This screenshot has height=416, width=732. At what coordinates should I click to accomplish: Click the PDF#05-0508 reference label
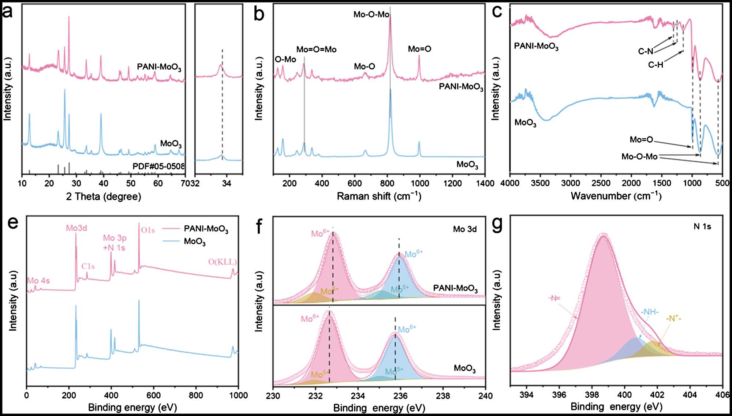[x=158, y=166]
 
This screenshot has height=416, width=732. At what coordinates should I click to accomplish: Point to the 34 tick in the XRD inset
[x=227, y=183]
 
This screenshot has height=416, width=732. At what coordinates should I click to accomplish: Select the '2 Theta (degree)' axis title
[x=104, y=197]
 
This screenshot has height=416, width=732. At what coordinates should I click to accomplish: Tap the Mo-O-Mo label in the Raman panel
[x=371, y=15]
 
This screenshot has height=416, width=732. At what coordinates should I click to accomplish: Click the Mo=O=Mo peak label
[x=316, y=49]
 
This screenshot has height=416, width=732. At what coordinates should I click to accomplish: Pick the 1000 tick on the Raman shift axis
[x=420, y=183]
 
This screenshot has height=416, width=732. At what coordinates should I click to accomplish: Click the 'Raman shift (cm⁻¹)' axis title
[x=379, y=196]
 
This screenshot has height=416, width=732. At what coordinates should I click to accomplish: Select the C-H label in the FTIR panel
[x=656, y=65]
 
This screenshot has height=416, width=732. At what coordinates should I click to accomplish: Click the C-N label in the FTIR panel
[x=646, y=52]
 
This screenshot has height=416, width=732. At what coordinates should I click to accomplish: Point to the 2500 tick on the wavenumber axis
[x=601, y=183]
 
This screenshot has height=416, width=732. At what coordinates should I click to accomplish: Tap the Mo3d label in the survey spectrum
[x=76, y=228]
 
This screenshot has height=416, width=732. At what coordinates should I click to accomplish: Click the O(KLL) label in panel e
[x=223, y=262]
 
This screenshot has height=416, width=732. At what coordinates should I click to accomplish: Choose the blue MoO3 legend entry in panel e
[x=194, y=241]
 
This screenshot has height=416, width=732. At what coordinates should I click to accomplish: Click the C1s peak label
[x=88, y=266]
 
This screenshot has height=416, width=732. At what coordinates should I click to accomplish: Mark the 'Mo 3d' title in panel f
[x=465, y=229]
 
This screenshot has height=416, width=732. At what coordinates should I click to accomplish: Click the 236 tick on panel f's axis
[x=400, y=396]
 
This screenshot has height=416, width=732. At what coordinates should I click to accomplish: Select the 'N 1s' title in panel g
[x=702, y=227]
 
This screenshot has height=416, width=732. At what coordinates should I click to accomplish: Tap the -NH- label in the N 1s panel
[x=650, y=312]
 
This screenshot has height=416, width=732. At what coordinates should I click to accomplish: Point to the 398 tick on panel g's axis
[x=592, y=395]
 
